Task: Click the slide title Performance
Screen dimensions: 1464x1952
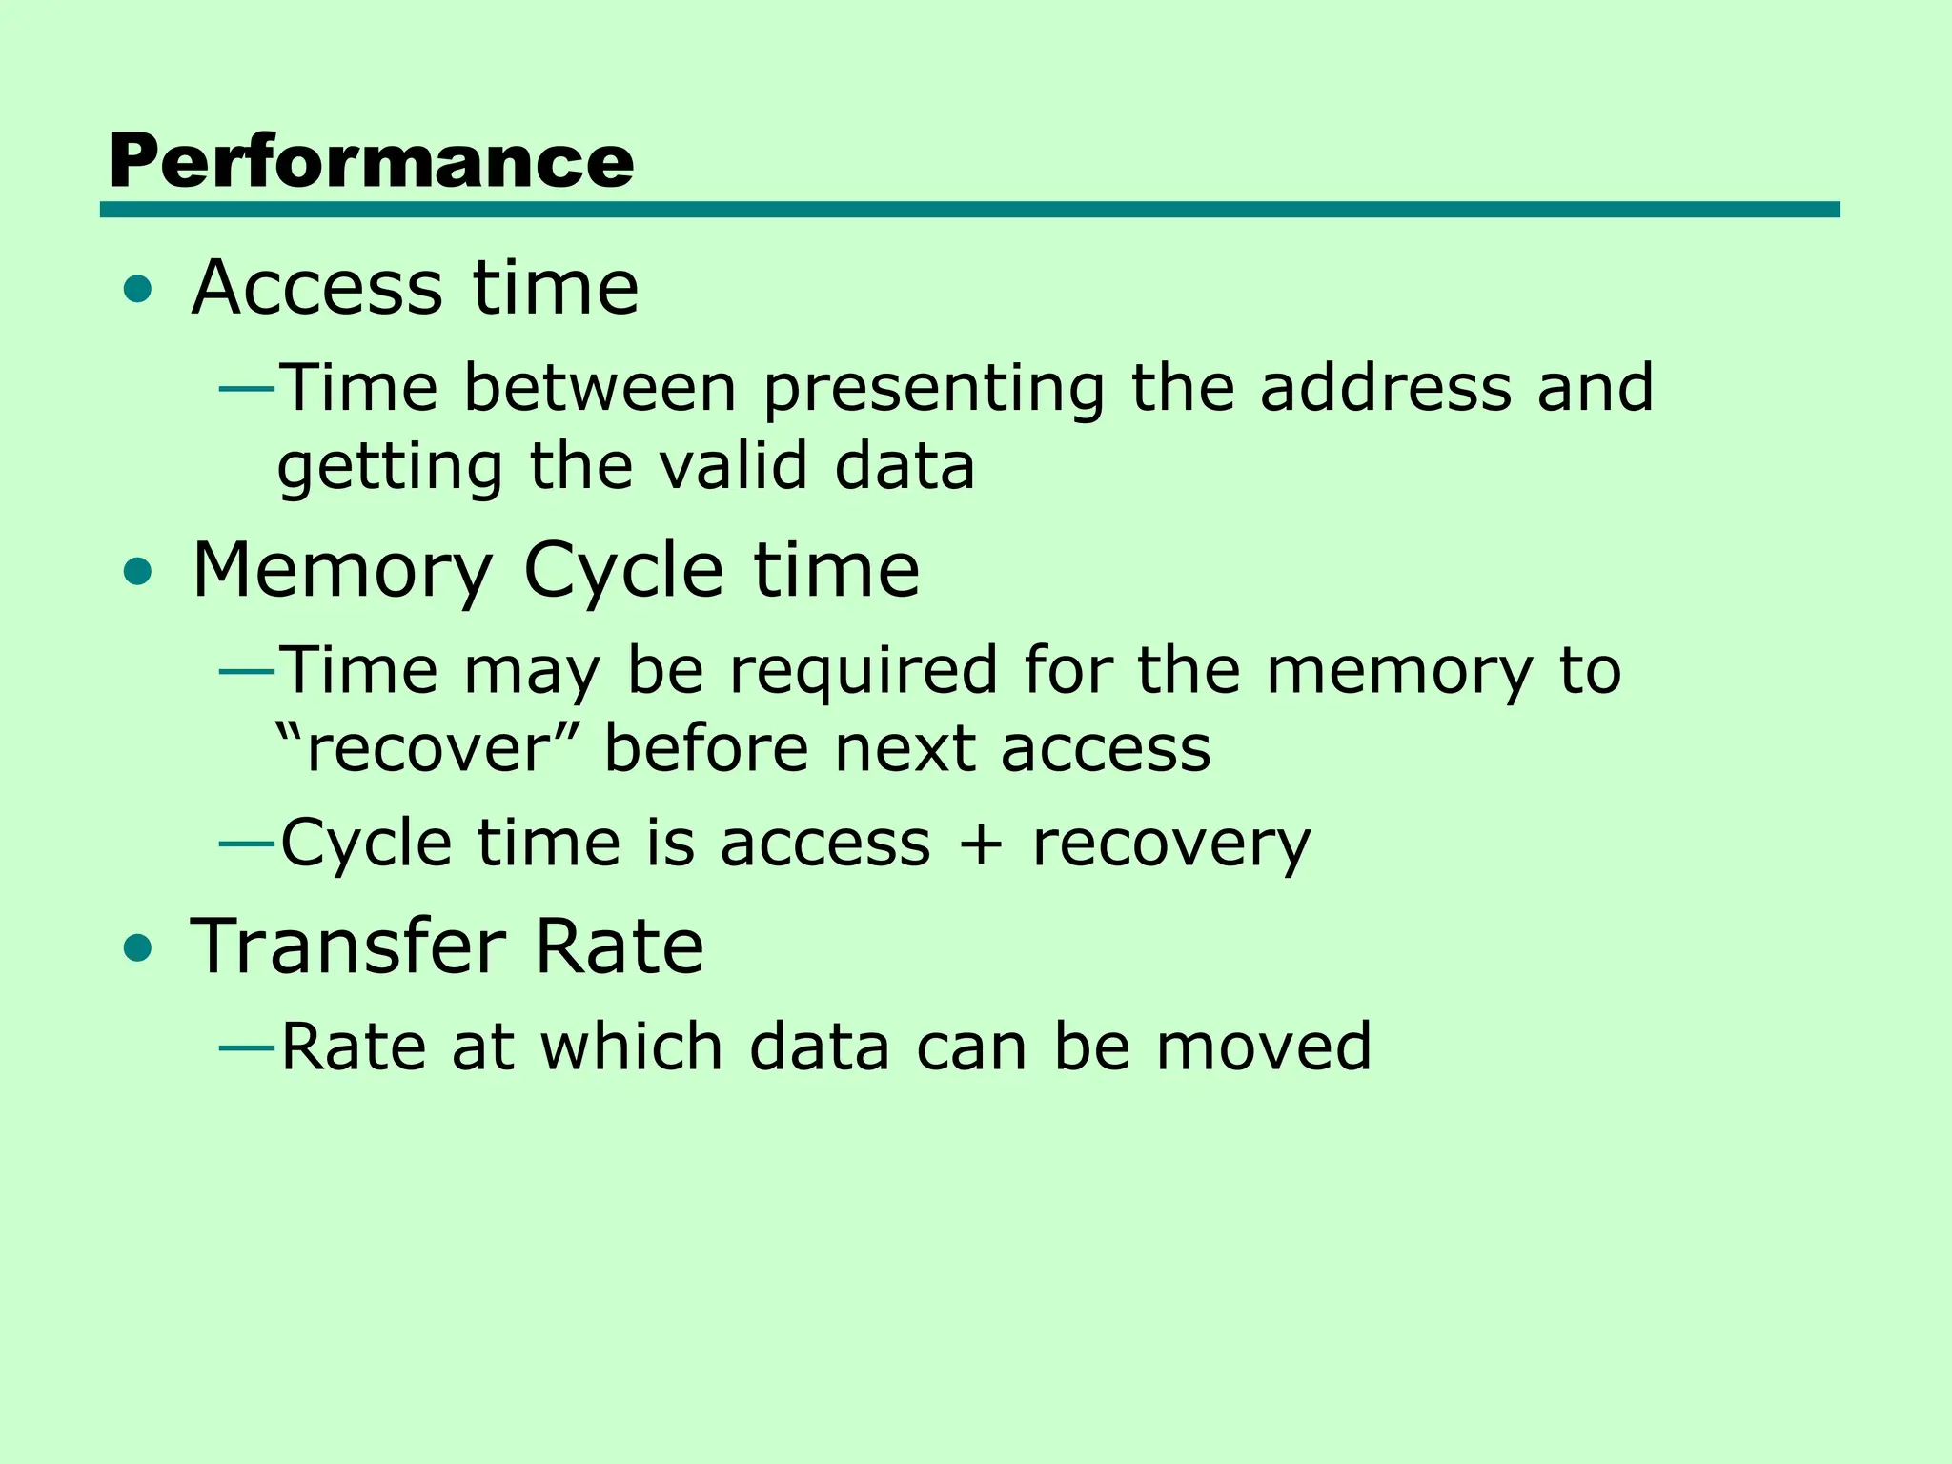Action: [x=371, y=162]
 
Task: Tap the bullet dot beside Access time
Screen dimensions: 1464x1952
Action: [x=138, y=289]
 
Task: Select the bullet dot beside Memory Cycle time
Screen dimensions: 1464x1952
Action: [x=138, y=572]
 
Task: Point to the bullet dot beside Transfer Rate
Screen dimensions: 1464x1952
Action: [x=138, y=948]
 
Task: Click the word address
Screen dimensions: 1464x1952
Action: [x=1386, y=388]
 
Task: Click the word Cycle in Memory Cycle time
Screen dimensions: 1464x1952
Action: [x=623, y=571]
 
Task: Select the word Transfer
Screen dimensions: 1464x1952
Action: [x=348, y=946]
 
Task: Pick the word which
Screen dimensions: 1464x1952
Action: [x=632, y=1047]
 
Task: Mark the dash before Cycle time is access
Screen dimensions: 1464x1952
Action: [x=247, y=844]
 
